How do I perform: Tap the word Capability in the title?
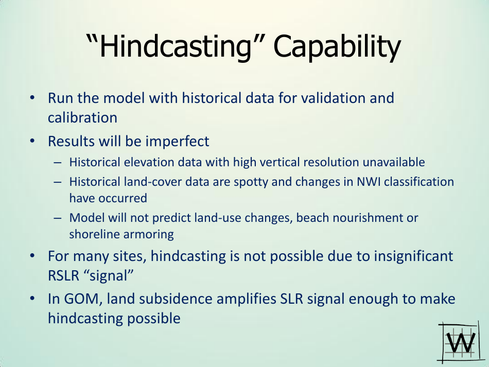point(337,47)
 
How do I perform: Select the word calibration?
point(82,118)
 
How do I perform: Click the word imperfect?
point(177,142)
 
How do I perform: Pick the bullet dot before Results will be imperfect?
point(32,141)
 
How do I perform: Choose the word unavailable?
point(394,162)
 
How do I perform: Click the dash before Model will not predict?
point(57,218)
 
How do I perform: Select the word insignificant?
point(413,256)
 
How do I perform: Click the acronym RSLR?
point(64,276)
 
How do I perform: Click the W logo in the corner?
point(460,343)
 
